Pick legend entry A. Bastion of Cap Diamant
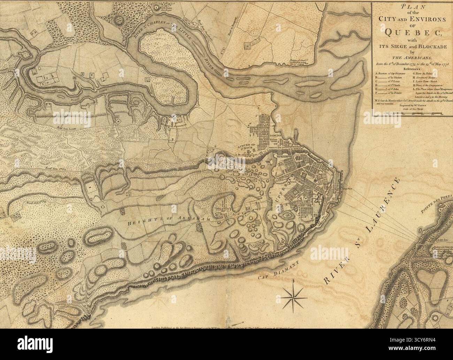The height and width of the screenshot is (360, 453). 390,74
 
